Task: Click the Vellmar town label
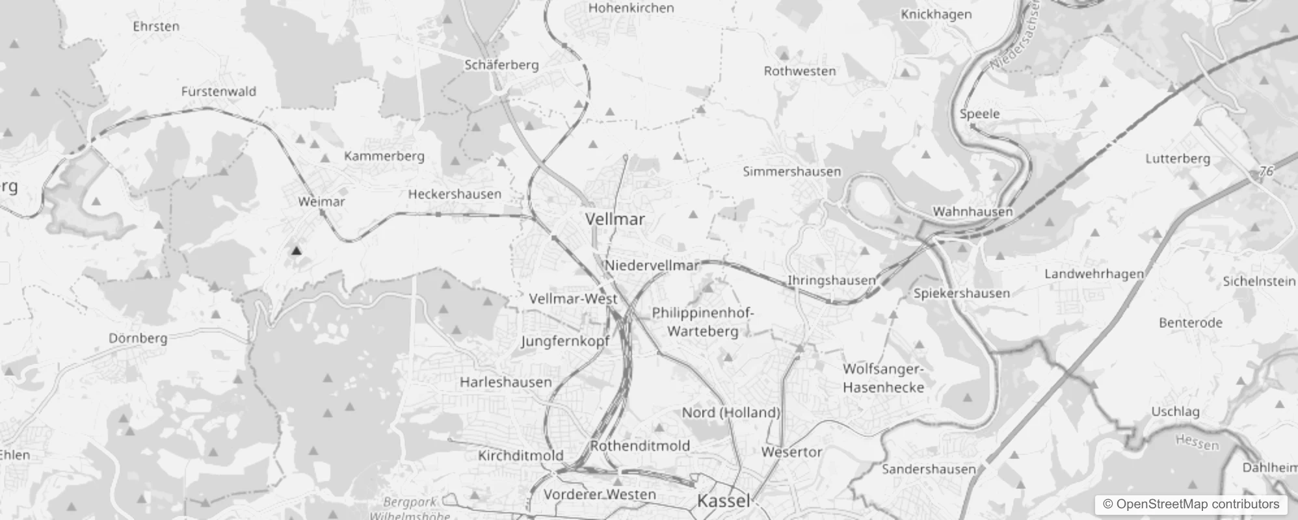coord(615,219)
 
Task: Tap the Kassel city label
coord(724,501)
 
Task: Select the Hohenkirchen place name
coord(631,8)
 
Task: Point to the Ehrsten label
coord(156,27)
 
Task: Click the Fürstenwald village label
coord(219,92)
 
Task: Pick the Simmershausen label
coord(792,172)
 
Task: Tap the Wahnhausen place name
coord(972,212)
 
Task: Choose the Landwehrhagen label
coord(1094,274)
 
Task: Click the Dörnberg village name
coord(138,338)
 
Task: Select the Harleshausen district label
coord(505,382)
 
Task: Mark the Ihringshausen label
coord(832,281)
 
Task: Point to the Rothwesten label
coord(800,71)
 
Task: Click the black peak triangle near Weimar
coord(297,250)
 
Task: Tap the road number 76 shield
coord(1265,172)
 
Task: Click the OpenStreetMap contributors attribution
coord(1190,504)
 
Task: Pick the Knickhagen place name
coord(936,15)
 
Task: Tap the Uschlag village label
coord(1175,411)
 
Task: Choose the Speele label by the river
coord(979,114)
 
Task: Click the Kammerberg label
coord(384,156)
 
